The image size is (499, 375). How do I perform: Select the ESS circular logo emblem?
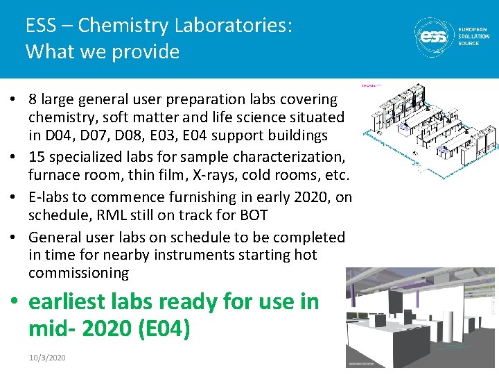(x=433, y=36)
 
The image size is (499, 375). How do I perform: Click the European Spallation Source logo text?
(x=473, y=36)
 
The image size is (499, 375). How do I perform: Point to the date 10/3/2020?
(x=47, y=357)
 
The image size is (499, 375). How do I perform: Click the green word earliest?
(x=67, y=302)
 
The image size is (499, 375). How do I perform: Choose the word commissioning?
(x=78, y=273)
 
